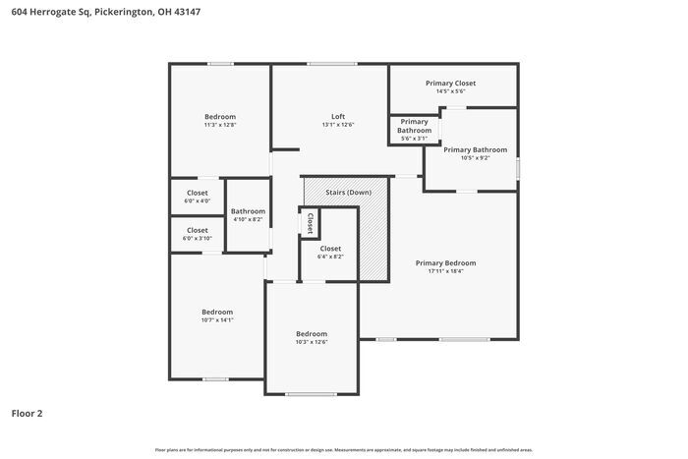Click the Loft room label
click(x=337, y=116)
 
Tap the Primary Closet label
click(x=450, y=84)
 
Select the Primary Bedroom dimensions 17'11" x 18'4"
click(x=445, y=271)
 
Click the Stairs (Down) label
click(x=348, y=192)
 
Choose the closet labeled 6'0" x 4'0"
click(x=197, y=197)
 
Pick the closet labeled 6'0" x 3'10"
click(x=197, y=234)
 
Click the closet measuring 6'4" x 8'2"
click(x=330, y=252)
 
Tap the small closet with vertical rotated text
click(x=310, y=221)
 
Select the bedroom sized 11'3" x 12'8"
click(x=219, y=120)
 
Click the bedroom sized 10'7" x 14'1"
click(x=216, y=316)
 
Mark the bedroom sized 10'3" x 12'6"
click(x=311, y=337)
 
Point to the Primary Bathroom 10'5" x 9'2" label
click(x=475, y=153)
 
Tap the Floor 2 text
click(x=27, y=414)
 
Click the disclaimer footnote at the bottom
click(x=343, y=449)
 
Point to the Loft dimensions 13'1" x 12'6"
click(x=337, y=125)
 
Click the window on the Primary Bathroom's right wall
click(x=517, y=168)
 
